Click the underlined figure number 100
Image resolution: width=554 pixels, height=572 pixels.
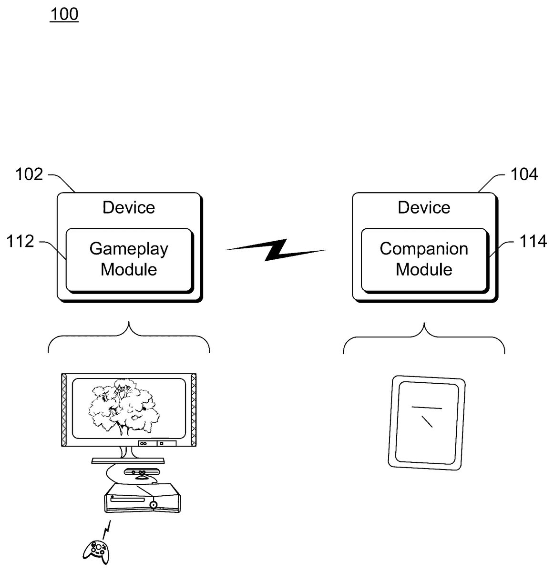[64, 14]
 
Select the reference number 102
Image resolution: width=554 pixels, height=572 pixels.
[29, 174]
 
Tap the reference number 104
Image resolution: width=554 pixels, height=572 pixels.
[524, 174]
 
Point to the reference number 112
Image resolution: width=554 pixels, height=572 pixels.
[20, 242]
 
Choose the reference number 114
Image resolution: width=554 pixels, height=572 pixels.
[533, 242]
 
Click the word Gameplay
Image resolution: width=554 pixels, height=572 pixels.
[129, 249]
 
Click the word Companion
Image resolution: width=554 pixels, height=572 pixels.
[424, 249]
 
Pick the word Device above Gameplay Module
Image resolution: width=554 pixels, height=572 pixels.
[129, 208]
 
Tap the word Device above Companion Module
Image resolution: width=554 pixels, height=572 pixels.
[424, 208]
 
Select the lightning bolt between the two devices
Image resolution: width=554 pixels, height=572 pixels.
[276, 250]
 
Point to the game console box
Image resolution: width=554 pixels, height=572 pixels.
[143, 499]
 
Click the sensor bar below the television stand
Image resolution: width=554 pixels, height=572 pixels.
[142, 472]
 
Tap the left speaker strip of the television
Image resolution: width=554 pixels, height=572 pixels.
[64, 410]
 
